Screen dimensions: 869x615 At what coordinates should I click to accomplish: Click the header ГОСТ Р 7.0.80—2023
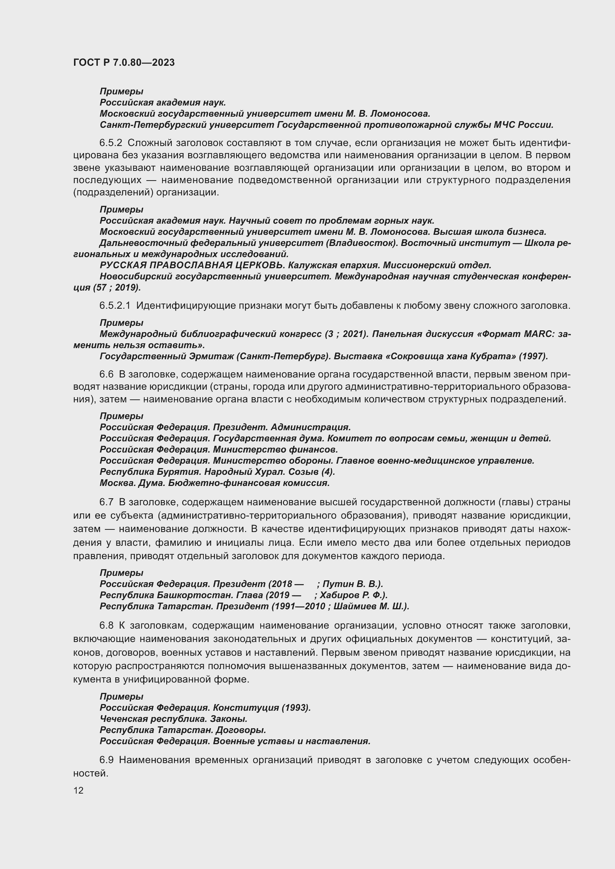pos(124,62)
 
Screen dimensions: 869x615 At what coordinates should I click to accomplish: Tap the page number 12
pos(78,790)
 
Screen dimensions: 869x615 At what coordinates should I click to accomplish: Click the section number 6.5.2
pos(111,143)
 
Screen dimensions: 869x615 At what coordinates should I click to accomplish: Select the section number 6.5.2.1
pos(115,305)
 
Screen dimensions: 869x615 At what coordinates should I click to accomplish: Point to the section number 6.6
pos(106,374)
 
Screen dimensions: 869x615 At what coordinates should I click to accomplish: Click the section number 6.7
pos(106,502)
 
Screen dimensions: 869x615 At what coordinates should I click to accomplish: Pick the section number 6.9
pos(106,760)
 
